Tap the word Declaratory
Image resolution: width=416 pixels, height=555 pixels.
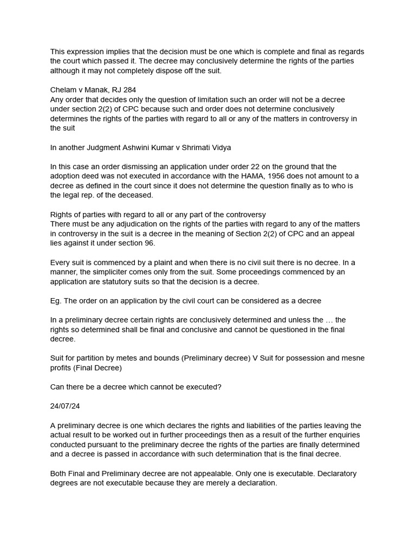click(x=336, y=474)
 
